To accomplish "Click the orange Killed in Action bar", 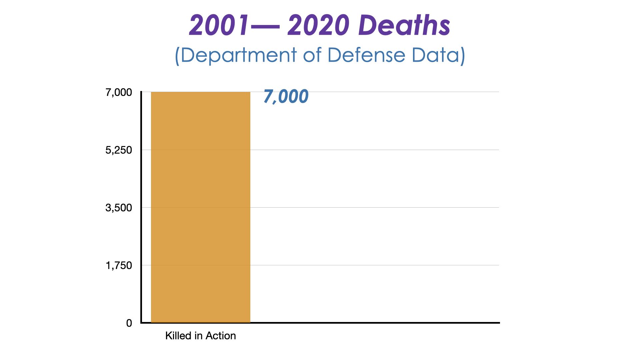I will (200, 207).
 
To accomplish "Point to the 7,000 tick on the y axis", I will (119, 92).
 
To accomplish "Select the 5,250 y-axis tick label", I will (119, 150).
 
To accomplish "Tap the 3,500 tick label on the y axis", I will (119, 208).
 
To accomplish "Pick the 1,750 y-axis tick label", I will (119, 265).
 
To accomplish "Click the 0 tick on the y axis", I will (129, 323).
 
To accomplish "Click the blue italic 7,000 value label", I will (286, 96).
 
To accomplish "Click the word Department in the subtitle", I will (239, 55).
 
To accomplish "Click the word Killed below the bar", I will (178, 336).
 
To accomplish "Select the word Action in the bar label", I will (220, 336).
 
